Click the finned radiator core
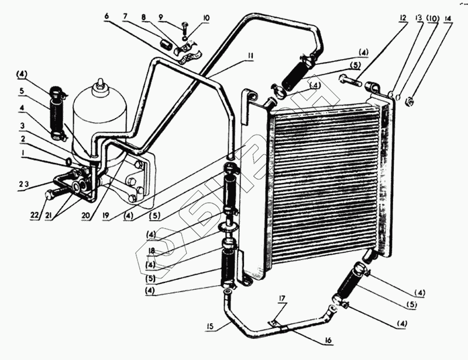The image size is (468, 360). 325,175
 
